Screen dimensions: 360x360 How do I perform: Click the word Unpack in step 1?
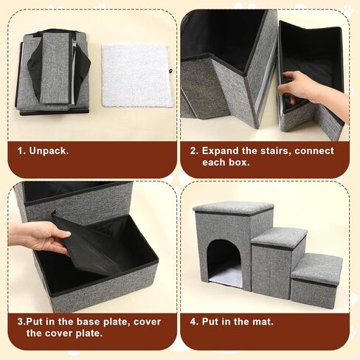click(49, 151)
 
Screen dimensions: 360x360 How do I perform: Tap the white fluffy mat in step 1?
click(135, 75)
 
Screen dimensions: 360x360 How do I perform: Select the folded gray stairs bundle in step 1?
click(53, 72)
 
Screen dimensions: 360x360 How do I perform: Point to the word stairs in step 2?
click(267, 151)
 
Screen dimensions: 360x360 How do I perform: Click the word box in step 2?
click(238, 162)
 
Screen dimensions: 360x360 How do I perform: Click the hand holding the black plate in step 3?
click(39, 238)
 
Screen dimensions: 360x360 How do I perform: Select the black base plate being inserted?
click(89, 243)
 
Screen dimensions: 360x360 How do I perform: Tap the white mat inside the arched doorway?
click(226, 278)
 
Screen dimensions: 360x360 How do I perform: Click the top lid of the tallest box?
click(233, 208)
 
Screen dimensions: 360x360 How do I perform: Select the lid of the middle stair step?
click(279, 237)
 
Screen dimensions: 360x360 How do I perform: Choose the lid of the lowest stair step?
click(316, 269)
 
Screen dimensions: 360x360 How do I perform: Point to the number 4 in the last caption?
click(193, 322)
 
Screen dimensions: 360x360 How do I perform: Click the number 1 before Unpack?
click(21, 151)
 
